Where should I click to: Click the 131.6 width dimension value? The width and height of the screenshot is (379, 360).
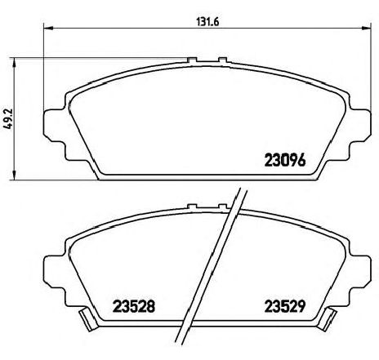[207, 22]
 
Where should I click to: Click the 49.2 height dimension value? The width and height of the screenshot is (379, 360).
[8, 119]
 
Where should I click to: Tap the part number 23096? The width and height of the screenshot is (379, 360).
[285, 160]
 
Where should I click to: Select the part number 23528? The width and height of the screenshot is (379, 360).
[134, 306]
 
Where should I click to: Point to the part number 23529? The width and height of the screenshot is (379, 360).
[285, 306]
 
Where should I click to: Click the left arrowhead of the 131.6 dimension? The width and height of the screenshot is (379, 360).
[48, 28]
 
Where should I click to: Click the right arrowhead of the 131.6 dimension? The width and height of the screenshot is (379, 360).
[366, 28]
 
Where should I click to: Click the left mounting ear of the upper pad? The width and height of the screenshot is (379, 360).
[55, 125]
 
